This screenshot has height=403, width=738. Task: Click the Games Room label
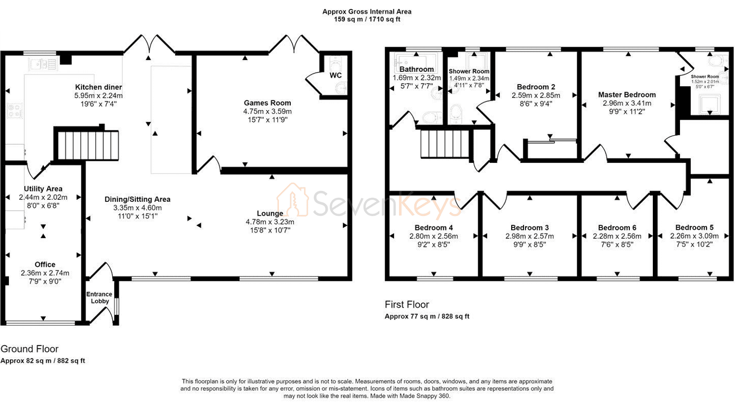267,103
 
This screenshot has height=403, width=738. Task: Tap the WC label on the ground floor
336,75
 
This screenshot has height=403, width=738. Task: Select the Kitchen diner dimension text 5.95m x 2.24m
98,95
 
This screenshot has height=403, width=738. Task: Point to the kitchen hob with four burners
15,110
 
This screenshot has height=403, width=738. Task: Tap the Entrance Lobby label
99,298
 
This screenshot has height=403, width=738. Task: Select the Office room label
45,265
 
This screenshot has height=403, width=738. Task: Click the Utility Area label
43,189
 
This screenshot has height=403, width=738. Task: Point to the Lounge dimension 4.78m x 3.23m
270,222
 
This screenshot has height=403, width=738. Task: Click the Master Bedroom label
627,95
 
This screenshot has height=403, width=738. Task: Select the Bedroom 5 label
694,227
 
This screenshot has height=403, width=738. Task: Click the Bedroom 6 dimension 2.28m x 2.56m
617,236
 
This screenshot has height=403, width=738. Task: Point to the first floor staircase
445,144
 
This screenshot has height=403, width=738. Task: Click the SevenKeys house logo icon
293,200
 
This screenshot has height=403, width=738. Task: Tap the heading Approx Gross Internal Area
367,11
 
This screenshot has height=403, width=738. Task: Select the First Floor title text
407,305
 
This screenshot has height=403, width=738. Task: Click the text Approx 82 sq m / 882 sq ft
43,361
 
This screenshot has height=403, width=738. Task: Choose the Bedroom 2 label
536,87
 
